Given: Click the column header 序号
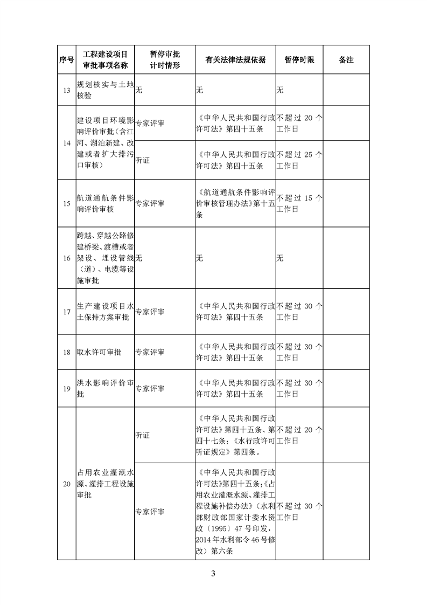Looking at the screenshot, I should pos(66,60).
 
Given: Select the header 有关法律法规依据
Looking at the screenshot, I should pos(235,60).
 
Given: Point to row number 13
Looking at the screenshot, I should pos(66,90).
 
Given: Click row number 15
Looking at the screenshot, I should pos(66,204).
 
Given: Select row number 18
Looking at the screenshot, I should pos(66,352).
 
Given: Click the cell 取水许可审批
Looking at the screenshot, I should pos(100,352).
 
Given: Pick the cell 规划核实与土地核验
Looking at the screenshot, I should pos(104,90).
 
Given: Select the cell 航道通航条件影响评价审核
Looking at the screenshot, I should pos(104,204).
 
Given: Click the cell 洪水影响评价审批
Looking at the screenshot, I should pos(104,388).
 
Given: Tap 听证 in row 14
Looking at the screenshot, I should pos(143,160).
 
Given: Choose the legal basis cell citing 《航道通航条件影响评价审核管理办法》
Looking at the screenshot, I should pos(235,204).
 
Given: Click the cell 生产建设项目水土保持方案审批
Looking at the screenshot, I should pos(104,312).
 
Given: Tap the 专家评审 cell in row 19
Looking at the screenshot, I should pos(150,388).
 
